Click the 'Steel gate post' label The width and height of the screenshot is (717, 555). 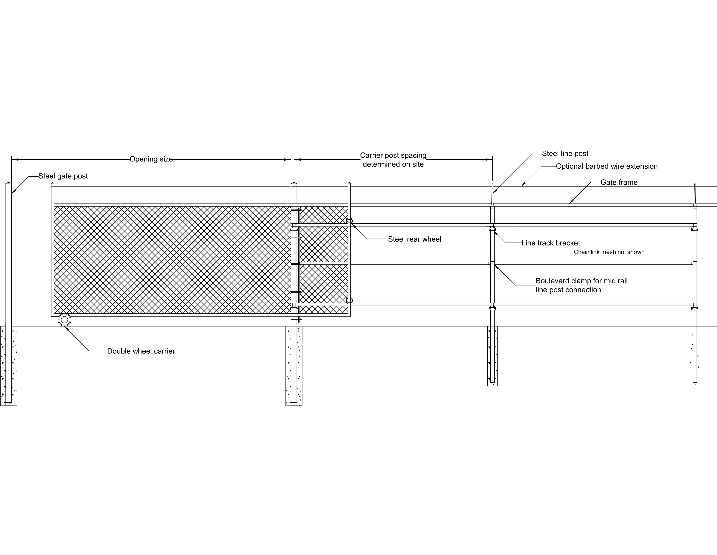pos(63,176)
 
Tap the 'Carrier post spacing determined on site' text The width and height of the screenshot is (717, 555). pos(393,160)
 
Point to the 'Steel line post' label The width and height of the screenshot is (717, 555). pos(565,153)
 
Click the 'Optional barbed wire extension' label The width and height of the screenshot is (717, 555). pos(607,166)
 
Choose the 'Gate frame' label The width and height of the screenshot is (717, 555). pos(619,182)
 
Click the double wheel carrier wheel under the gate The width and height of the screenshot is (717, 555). pos(64,320)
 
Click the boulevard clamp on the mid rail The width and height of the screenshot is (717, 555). pos(492,263)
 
